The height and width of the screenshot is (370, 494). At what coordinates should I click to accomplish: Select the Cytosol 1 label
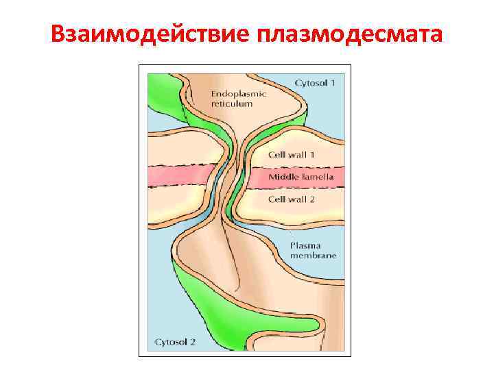(315, 83)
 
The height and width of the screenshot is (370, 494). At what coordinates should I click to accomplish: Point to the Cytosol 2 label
(176, 341)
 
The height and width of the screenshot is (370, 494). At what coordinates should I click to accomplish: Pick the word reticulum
(232, 103)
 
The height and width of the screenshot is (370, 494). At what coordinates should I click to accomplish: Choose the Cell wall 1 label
(291, 155)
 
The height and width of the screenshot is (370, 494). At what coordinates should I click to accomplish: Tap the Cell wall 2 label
(291, 199)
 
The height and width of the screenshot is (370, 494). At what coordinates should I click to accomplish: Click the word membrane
(313, 256)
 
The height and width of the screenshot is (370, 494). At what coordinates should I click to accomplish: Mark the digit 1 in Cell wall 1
(312, 155)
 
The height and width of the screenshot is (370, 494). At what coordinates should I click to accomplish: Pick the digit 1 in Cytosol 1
(333, 83)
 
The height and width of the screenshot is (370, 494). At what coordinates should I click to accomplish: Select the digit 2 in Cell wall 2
(312, 199)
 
